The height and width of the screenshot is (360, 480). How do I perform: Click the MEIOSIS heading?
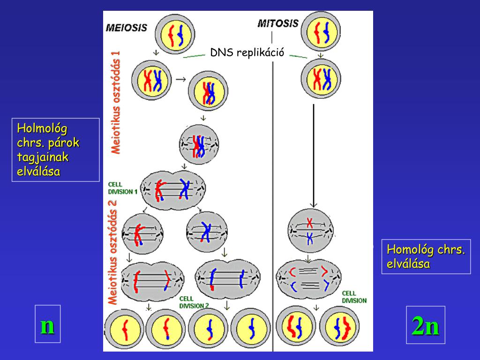126,27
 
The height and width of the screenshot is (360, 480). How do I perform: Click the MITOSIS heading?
278,23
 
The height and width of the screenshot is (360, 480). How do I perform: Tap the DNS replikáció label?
247,52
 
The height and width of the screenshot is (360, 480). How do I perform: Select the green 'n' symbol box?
47,324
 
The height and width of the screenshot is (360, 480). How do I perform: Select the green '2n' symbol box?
425,325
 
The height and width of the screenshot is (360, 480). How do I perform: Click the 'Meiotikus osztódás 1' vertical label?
115,102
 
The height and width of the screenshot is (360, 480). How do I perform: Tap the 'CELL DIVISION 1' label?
123,188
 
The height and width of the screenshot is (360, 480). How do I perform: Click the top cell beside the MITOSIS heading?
321,32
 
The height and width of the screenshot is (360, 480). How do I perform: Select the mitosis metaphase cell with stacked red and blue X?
310,230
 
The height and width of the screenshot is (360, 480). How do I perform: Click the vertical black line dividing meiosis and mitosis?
273,187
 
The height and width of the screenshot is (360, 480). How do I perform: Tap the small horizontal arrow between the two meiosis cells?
180,80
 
